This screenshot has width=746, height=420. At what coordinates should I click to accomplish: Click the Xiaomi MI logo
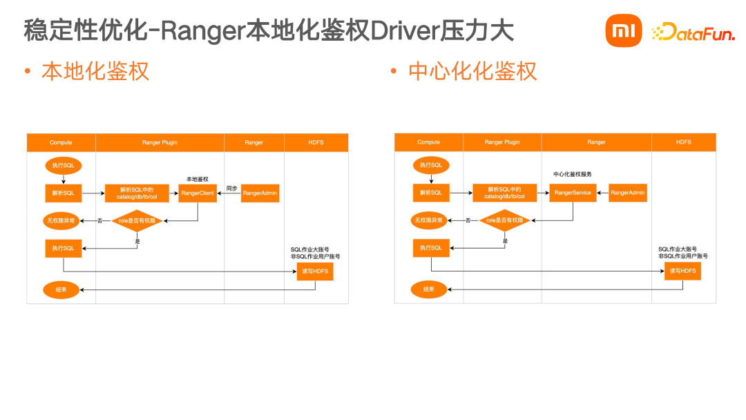(x=623, y=32)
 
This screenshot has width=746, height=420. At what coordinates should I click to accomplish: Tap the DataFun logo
(x=693, y=32)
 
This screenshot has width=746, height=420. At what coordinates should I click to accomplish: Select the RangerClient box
(x=198, y=193)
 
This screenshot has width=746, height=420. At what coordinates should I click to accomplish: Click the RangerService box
(x=573, y=193)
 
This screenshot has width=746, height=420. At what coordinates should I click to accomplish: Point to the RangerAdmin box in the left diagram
(x=260, y=193)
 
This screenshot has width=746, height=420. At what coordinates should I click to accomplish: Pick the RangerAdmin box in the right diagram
(x=627, y=193)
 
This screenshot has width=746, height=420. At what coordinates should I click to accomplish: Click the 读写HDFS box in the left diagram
(x=315, y=272)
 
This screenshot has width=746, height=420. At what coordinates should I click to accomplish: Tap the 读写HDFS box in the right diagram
(x=682, y=271)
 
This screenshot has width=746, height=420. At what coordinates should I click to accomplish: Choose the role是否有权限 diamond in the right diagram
(x=504, y=220)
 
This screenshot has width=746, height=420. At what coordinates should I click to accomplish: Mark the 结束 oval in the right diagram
(x=429, y=289)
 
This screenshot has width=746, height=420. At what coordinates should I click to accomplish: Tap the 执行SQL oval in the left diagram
(x=63, y=166)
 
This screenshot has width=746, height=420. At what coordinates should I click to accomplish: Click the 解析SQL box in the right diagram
(x=431, y=193)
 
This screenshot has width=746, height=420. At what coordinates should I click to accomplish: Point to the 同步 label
(x=231, y=188)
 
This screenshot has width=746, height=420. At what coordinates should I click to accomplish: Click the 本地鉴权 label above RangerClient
(x=197, y=179)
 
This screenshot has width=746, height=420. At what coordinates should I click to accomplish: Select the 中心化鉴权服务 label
(x=573, y=174)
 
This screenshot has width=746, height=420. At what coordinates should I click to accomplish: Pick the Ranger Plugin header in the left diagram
(x=160, y=142)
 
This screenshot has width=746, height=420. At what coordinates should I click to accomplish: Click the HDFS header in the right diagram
(x=683, y=142)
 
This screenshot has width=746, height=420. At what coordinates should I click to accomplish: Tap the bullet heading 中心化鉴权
(x=472, y=71)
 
